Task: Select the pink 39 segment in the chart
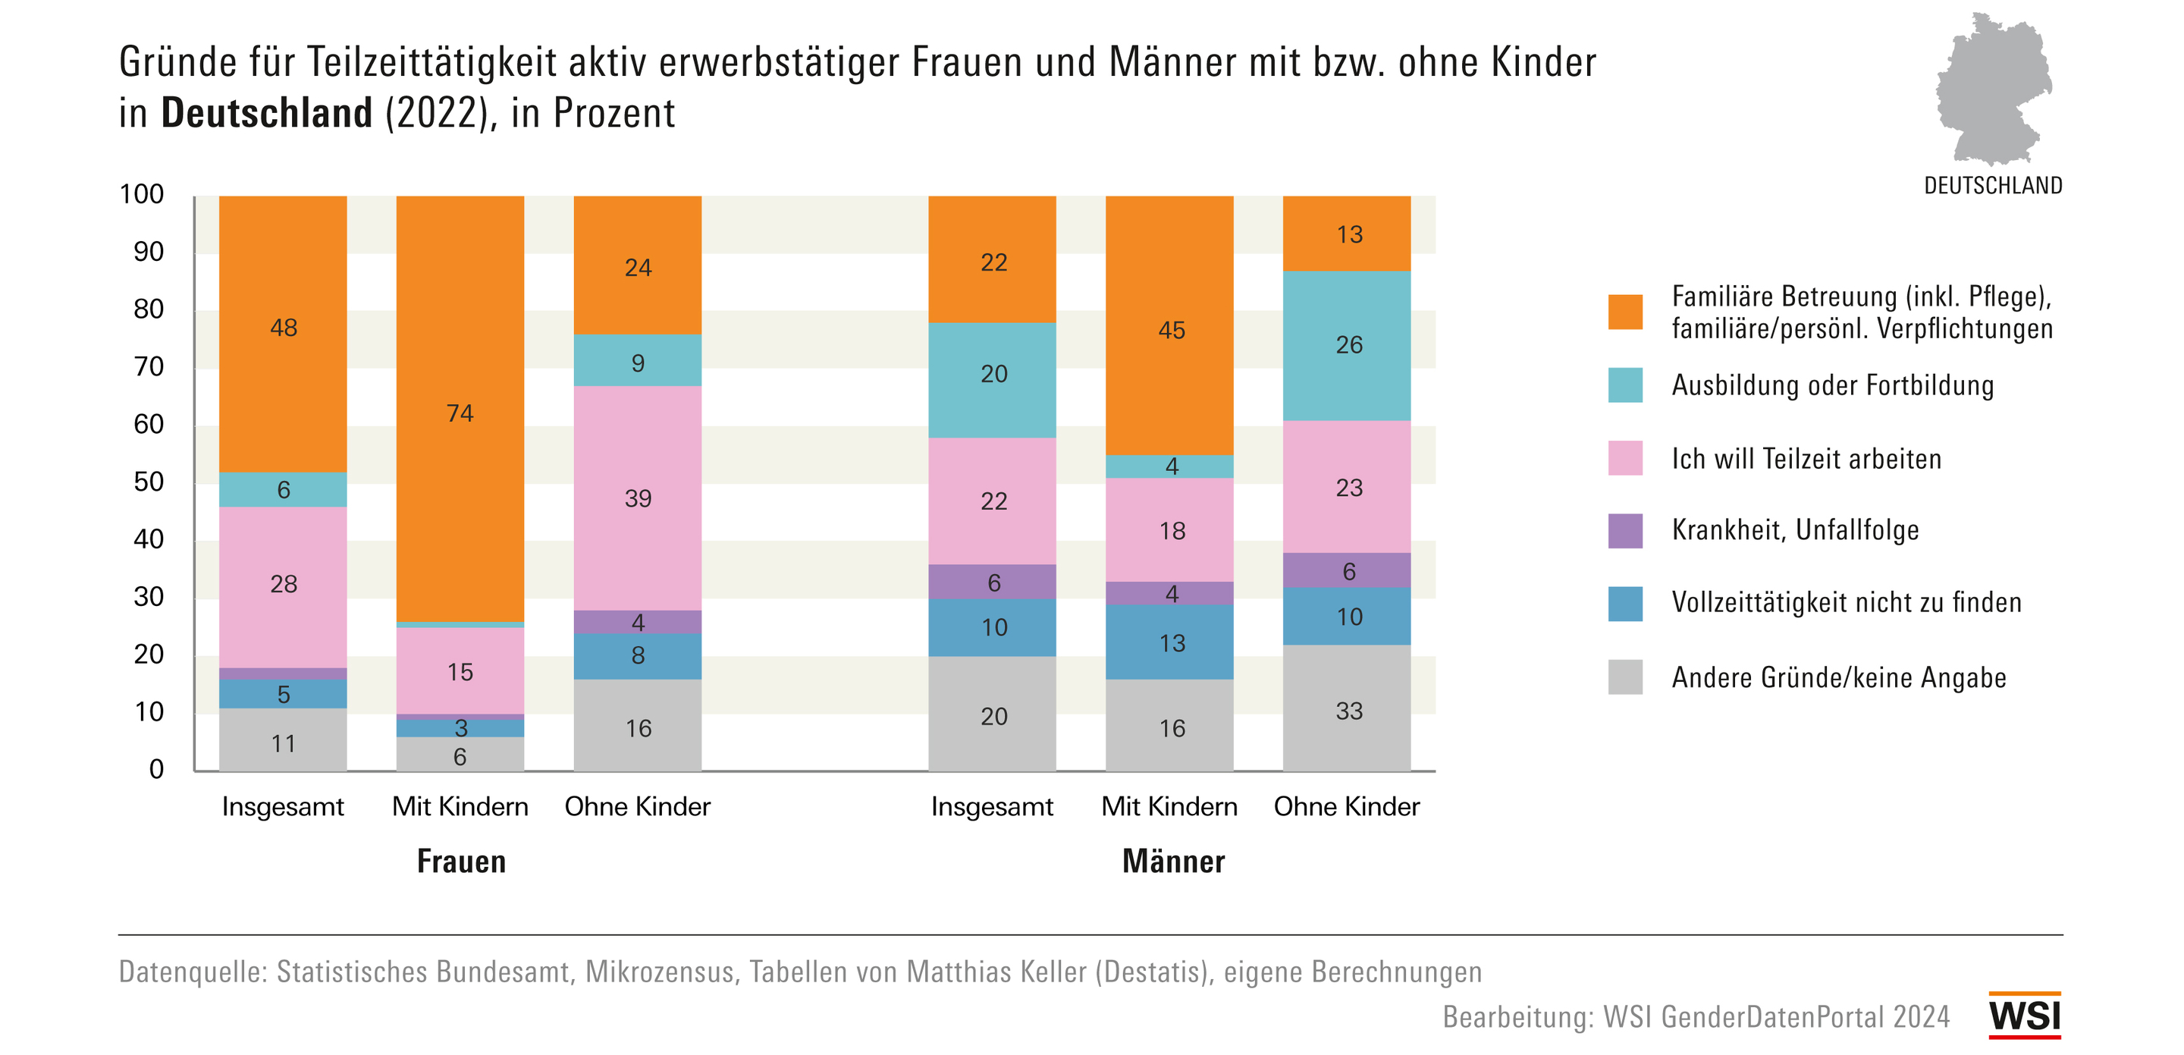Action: tap(638, 498)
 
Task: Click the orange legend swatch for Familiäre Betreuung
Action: tap(1624, 312)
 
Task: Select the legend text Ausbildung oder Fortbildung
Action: tap(1832, 386)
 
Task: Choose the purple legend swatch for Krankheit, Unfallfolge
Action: tap(1624, 531)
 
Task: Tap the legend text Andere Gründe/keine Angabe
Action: tap(1838, 677)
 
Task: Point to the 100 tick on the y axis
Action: tap(142, 194)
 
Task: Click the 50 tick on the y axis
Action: tap(149, 482)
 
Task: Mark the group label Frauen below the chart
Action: tap(461, 861)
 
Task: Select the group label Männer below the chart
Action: tap(1173, 861)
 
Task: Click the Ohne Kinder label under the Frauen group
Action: tap(638, 806)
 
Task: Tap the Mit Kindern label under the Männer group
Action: tap(1169, 806)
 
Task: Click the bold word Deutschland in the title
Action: tap(266, 113)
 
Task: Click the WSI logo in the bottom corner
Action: tap(2025, 1015)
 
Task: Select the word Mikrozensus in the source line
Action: tap(660, 972)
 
